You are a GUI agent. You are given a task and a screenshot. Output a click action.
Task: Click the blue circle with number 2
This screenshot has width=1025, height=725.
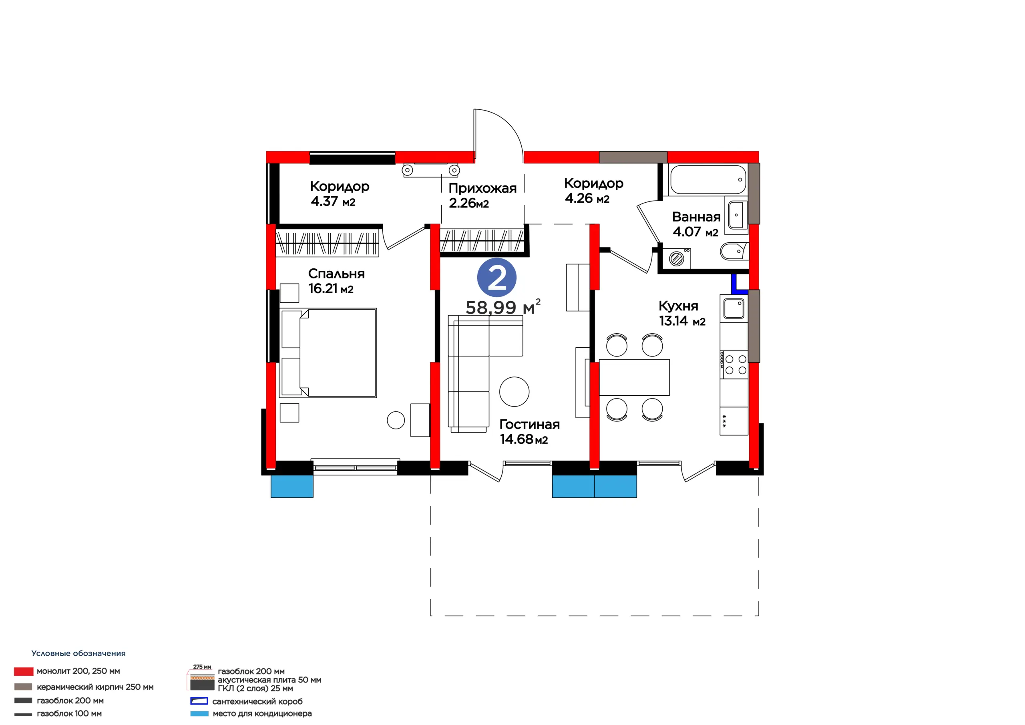pos(496,278)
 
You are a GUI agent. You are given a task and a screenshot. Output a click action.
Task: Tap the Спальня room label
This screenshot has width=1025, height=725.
pos(336,274)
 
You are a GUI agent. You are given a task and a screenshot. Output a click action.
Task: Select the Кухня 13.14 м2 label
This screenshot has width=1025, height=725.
pos(682,313)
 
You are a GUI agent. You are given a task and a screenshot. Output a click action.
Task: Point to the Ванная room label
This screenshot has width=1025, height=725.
pos(696,217)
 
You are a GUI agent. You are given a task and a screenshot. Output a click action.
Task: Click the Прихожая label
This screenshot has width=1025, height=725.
pos(482,188)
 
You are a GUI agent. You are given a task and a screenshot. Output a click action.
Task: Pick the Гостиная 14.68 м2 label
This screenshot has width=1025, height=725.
pos(529,431)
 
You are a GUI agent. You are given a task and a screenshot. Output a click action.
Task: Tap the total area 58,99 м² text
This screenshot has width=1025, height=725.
pos(502,307)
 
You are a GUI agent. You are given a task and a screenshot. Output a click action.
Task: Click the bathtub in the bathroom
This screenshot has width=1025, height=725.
pos(708,179)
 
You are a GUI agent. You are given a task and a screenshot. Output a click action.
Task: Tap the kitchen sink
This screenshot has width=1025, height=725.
pos(734,308)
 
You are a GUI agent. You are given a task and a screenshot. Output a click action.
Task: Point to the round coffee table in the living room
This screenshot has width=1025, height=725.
pos(514,391)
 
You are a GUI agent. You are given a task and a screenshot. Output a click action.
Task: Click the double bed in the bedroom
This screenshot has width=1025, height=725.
pos(328,352)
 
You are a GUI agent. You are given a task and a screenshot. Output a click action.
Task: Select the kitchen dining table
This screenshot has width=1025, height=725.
pos(634,377)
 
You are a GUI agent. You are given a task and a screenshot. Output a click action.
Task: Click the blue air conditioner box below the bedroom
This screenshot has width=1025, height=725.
pos(292,486)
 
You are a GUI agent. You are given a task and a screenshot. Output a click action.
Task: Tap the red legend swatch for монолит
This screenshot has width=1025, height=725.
pos(24,671)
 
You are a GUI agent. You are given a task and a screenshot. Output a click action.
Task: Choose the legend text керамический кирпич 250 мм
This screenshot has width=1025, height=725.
pos(95,687)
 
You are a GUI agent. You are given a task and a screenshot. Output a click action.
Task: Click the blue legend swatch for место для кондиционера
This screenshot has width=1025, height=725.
pos(199,714)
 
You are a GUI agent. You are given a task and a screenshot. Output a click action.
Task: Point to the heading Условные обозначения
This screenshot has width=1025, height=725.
pos(78,653)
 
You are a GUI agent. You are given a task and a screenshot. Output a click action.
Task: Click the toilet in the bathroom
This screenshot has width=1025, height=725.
pos(734,251)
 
